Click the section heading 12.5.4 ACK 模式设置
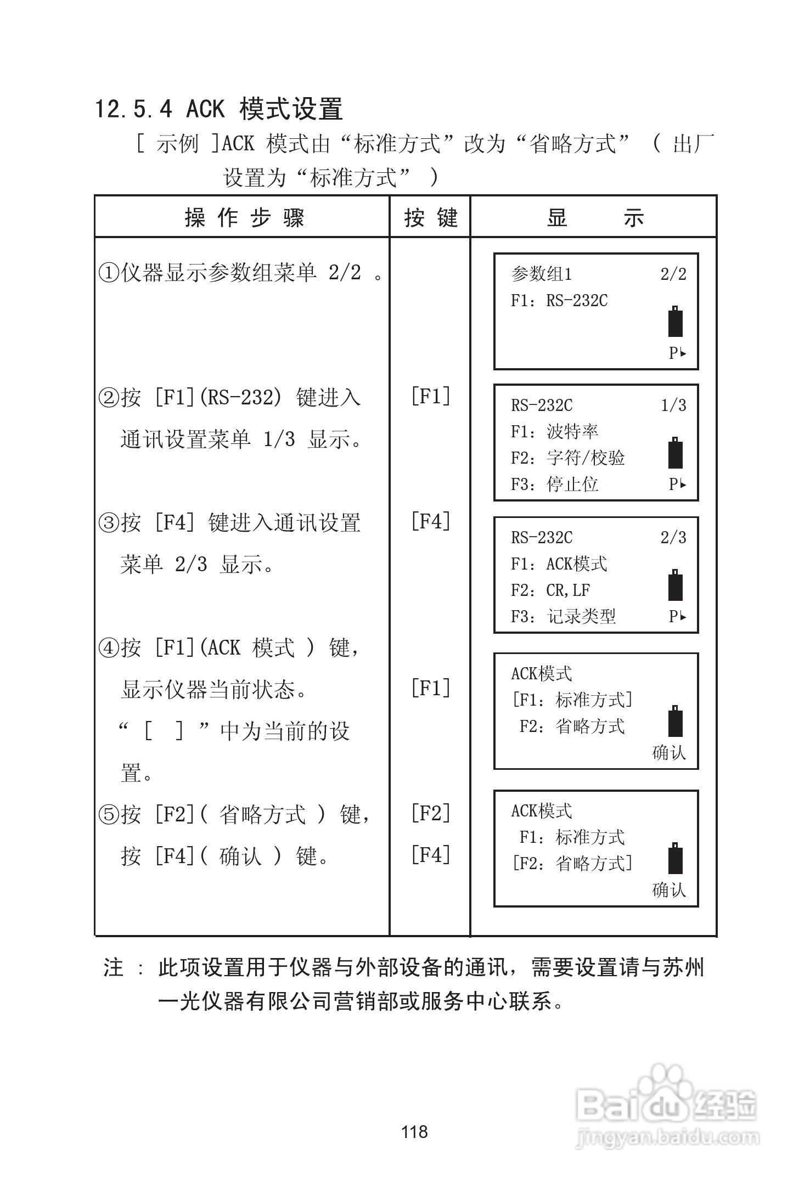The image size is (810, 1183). pos(219,109)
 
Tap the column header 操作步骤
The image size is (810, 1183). pos(244,218)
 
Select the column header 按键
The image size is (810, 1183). pos(430,218)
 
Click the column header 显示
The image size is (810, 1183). pos(595,218)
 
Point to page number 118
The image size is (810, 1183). pos(414,1131)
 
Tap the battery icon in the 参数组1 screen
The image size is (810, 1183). pos(675,322)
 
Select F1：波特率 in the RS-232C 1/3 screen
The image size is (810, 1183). pos(554,432)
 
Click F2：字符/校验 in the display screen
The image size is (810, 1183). pos(567,458)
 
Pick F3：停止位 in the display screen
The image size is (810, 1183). pos(554,485)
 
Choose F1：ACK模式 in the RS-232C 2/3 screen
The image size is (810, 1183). pos(559,564)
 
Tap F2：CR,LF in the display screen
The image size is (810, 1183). pos(550,590)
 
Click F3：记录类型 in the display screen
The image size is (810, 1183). pos(563,617)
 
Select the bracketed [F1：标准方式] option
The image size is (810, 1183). pos(572,700)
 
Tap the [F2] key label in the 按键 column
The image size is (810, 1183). pos(431,813)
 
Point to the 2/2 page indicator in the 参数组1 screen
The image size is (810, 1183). pos(673,274)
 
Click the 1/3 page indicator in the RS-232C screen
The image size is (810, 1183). pos(673,405)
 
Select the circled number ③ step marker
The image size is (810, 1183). pos(109,523)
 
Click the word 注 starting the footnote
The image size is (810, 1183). pos(114,968)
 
